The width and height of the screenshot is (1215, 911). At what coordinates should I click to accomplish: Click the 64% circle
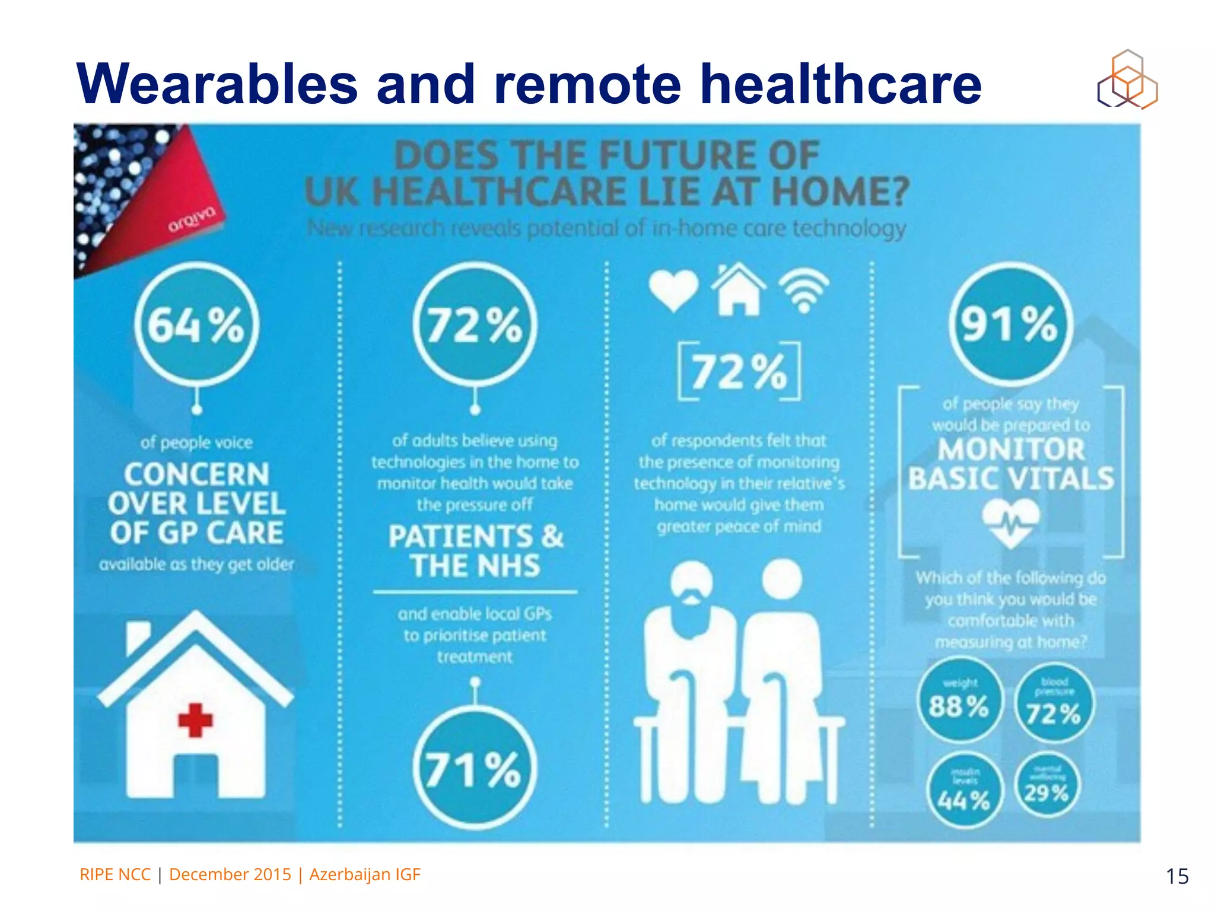(x=196, y=324)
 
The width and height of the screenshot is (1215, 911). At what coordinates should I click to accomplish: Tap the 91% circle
(x=1010, y=324)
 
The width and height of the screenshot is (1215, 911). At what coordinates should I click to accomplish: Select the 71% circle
(x=475, y=768)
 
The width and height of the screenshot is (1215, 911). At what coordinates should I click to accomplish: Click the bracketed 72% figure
(x=739, y=372)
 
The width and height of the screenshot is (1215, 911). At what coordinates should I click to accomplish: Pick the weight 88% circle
(x=959, y=702)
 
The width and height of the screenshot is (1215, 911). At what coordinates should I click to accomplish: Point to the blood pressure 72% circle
(x=1054, y=704)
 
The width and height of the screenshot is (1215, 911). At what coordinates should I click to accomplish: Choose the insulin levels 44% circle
(x=964, y=791)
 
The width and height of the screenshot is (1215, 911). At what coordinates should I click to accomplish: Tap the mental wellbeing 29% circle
(x=1047, y=786)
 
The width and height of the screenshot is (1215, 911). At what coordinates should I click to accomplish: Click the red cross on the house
(x=195, y=720)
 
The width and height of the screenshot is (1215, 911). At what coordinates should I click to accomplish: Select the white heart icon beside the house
(x=673, y=289)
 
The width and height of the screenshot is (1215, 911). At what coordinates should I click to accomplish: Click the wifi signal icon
(x=804, y=291)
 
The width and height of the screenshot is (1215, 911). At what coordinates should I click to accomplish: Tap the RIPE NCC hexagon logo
(x=1127, y=80)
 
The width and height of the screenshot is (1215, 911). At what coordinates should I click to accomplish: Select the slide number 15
(x=1177, y=876)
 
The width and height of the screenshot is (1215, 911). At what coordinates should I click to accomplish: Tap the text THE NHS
(x=475, y=565)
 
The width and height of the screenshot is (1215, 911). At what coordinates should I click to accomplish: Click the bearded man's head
(x=691, y=581)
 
